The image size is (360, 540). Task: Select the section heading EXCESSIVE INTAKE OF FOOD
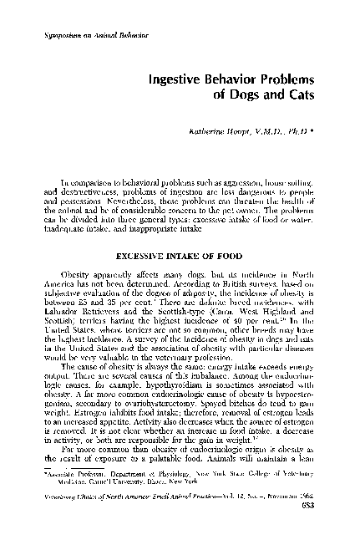click(x=179, y=252)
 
